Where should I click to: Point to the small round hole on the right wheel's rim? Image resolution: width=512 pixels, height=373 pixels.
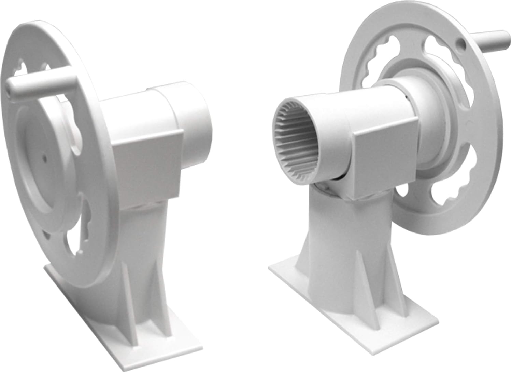(x=461, y=43)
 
